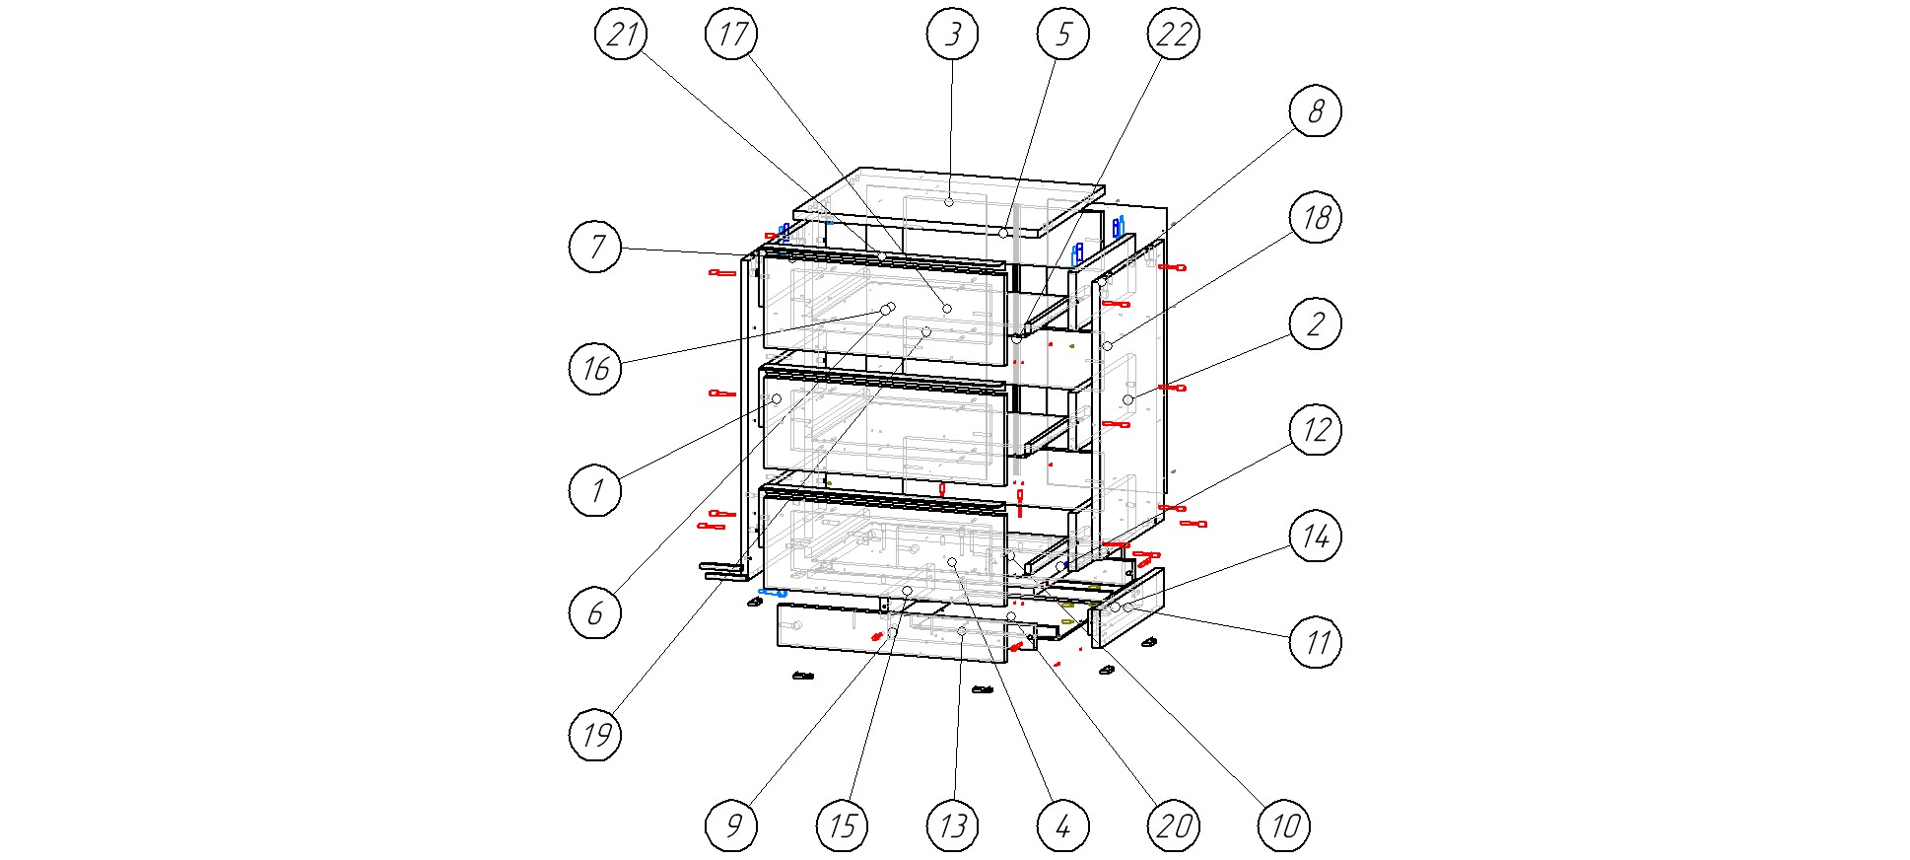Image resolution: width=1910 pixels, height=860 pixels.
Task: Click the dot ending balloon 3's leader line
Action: [x=948, y=202]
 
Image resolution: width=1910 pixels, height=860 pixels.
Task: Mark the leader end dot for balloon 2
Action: [x=1128, y=399]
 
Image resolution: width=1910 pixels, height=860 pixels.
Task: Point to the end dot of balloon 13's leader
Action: [x=962, y=631]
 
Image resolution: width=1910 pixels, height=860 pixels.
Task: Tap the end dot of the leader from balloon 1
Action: [x=777, y=398]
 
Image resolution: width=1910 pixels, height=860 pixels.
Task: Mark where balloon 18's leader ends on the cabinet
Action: [x=1107, y=346]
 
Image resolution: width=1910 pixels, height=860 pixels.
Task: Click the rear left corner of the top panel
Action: [x=861, y=168]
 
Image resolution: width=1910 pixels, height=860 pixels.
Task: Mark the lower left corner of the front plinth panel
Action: [x=779, y=644]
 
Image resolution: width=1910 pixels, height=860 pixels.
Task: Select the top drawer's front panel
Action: [x=885, y=308]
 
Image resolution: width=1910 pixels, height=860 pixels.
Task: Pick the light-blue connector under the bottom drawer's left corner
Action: [x=772, y=593]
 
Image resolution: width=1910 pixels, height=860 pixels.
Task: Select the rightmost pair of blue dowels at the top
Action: [x=1118, y=227]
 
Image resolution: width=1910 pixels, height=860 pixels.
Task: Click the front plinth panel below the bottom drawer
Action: [x=892, y=632]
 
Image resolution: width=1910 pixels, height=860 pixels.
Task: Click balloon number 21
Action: [x=621, y=35]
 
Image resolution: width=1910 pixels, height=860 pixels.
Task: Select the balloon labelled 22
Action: [x=1173, y=35]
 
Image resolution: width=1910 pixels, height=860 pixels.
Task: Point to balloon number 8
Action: [x=1316, y=110]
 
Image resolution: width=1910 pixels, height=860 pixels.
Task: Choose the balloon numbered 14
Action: [x=1316, y=537]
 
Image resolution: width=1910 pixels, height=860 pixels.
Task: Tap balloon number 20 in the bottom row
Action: [x=1173, y=825]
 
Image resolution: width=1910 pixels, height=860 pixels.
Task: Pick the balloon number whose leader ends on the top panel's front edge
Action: [x=1062, y=35]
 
